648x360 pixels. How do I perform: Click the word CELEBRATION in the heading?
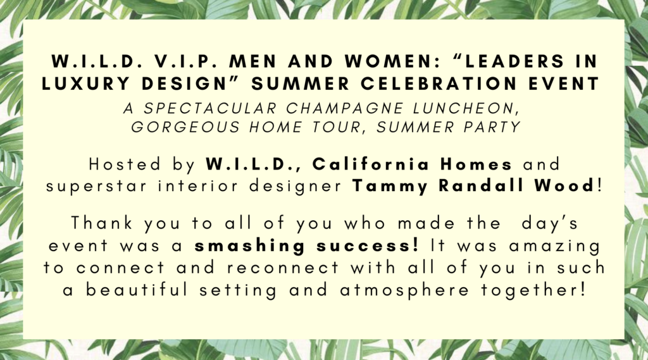coord(439,84)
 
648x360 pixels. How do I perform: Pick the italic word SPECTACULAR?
coord(210,109)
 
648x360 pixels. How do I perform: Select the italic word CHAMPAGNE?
coord(345,109)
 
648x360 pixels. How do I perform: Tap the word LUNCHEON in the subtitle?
coord(466,109)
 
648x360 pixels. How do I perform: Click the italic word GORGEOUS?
coord(185,127)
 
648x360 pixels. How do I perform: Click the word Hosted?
coord(125,164)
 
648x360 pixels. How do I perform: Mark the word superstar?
coord(96,187)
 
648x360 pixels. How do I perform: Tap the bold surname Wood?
coord(564,186)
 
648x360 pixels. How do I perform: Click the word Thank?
coord(102,223)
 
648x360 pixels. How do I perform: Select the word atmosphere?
coord(404,290)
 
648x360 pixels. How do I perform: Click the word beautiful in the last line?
coord(137,290)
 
